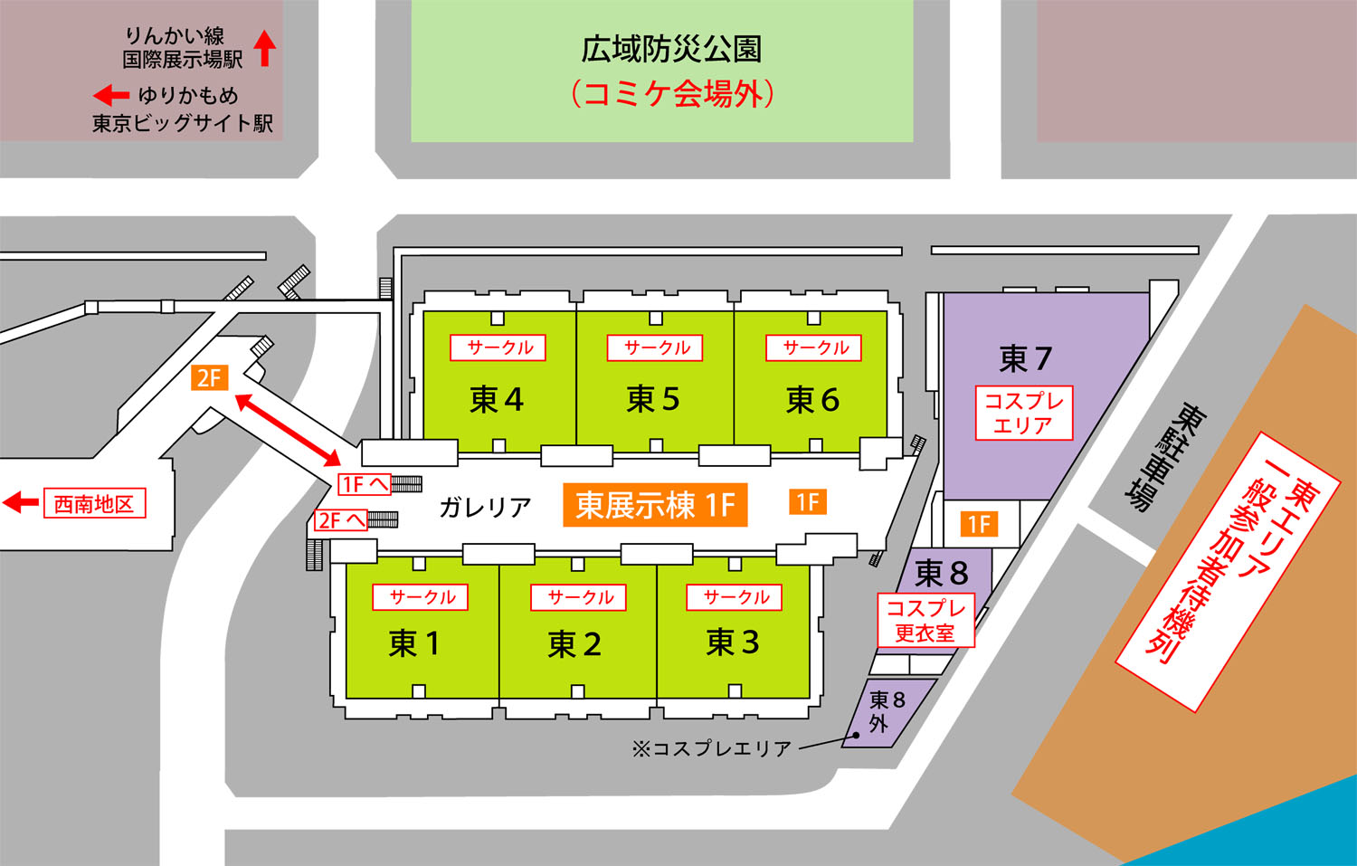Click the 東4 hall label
[x=497, y=399]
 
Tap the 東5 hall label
[x=653, y=399]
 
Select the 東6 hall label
[x=812, y=399]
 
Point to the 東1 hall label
[x=414, y=643]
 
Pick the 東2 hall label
[x=574, y=644]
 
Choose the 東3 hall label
[x=733, y=642]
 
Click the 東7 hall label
[x=1025, y=359]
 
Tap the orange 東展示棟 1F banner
[x=655, y=505]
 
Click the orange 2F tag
[x=209, y=377]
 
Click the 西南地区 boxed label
[x=94, y=504]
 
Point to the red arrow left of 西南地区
[x=21, y=503]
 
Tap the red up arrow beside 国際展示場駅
[x=264, y=48]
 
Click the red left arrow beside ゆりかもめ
[x=111, y=95]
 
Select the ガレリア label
[x=485, y=508]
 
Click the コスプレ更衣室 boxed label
[x=925, y=621]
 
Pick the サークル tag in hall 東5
[x=657, y=347]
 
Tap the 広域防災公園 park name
[x=671, y=49]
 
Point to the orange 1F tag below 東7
[x=979, y=524]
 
